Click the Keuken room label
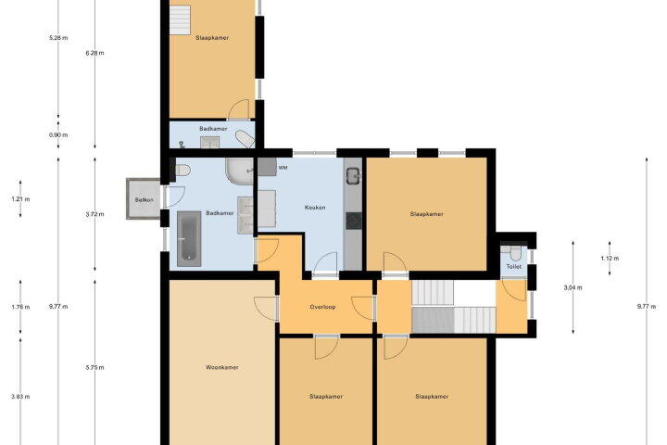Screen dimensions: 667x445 (x=315, y=208)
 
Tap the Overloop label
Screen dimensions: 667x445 (x=322, y=307)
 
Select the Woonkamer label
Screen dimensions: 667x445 (x=222, y=367)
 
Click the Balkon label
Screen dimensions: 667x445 (x=144, y=199)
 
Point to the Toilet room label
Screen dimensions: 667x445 (x=514, y=267)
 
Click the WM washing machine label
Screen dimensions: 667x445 (x=283, y=168)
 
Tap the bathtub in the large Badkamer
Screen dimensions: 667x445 (x=189, y=239)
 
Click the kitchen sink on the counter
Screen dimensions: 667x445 (x=353, y=175)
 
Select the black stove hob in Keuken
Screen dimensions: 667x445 (x=354, y=221)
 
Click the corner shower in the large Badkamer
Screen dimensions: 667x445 (x=240, y=172)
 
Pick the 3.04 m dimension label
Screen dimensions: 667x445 (x=573, y=287)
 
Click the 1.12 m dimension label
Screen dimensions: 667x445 (x=610, y=258)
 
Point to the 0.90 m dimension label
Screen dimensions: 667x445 (x=58, y=135)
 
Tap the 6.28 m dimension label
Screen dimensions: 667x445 (x=94, y=53)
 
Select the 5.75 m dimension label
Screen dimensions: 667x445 (x=94, y=367)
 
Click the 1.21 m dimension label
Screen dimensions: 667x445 (x=20, y=199)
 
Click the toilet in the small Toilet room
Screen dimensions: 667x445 (x=516, y=254)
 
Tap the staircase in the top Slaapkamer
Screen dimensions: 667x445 (x=180, y=19)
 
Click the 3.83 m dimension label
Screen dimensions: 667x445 (x=20, y=397)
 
